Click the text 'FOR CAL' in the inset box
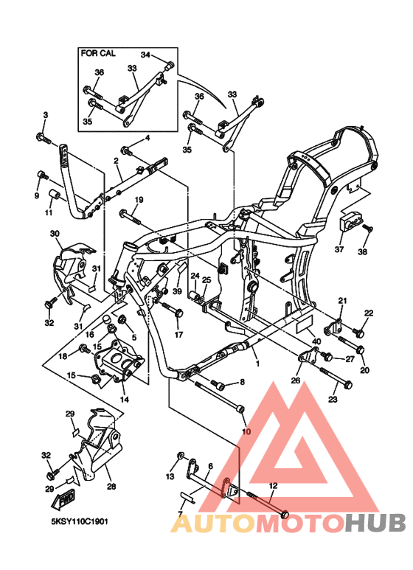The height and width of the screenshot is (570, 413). [x=98, y=54]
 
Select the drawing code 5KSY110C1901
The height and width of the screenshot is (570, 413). [x=80, y=521]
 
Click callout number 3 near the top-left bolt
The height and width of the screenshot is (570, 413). [x=45, y=115]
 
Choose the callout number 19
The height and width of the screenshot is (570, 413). [x=138, y=200]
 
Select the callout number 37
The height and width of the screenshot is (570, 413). [x=339, y=250]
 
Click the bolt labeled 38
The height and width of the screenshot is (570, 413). [x=367, y=229]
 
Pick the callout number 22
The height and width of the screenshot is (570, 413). [x=368, y=313]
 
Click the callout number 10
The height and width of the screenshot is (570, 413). [x=246, y=431]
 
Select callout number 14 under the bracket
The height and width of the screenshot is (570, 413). [x=124, y=400]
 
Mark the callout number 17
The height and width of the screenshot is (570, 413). [x=178, y=335]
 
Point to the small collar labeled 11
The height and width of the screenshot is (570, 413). [x=55, y=197]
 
